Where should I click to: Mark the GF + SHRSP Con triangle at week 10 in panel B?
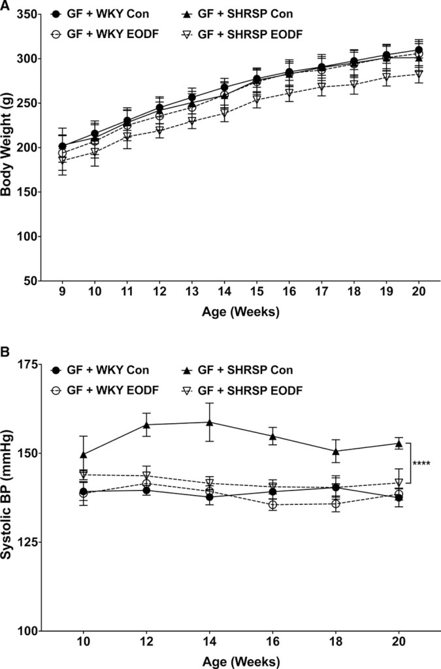(x=84, y=454)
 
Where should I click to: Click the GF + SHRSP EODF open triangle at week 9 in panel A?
(x=63, y=160)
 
